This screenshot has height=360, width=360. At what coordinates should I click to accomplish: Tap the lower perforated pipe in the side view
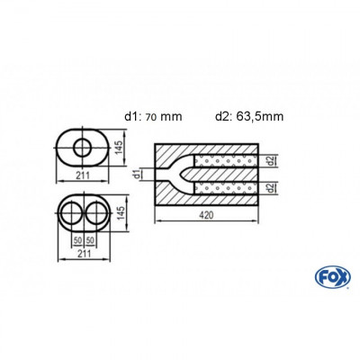pos(232,187)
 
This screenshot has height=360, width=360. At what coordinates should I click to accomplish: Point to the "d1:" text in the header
pos(130,114)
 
